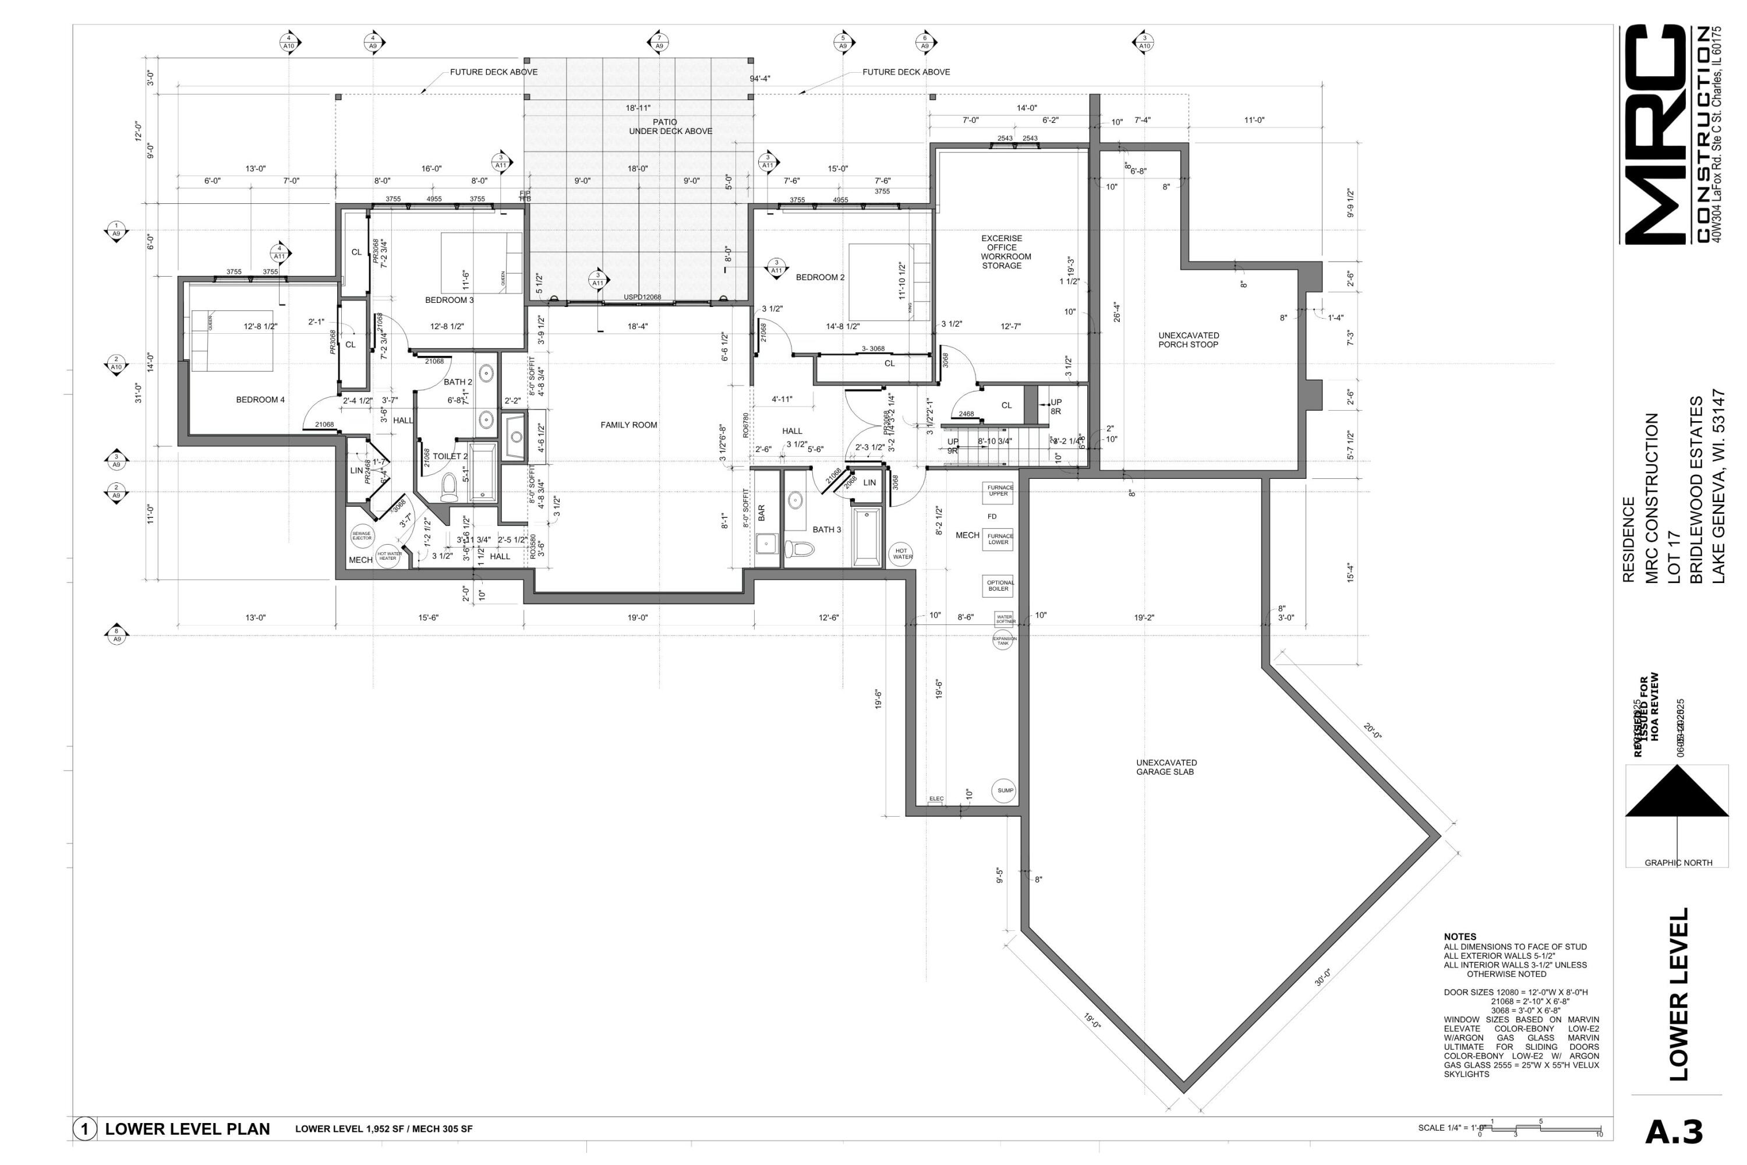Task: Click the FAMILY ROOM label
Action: coord(628,425)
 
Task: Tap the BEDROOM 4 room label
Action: coord(260,400)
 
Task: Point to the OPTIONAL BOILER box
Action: coord(998,586)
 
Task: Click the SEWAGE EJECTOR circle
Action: coord(362,536)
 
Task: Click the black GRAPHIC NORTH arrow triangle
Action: coord(1677,793)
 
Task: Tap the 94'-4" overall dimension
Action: coord(760,78)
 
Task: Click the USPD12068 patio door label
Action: coord(642,297)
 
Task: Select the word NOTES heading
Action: coord(1459,937)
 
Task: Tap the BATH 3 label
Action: coord(827,529)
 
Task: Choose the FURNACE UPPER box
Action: coord(998,491)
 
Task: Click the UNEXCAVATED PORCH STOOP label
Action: coord(1189,340)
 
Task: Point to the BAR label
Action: coord(761,513)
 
